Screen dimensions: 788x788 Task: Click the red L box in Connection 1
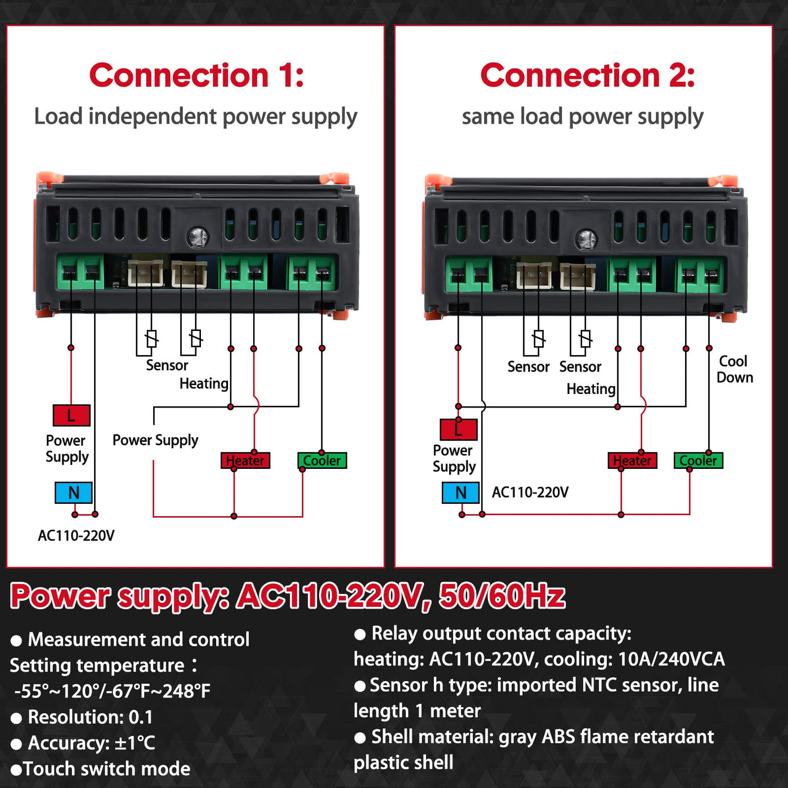coord(71,415)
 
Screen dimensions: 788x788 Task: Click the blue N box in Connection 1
coord(74,492)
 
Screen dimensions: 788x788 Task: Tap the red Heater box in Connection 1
coord(245,460)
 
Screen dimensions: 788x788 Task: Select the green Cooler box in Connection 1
coord(322,460)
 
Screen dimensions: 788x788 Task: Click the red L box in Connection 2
coord(459,429)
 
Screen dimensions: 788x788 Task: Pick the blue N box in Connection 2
coord(461,492)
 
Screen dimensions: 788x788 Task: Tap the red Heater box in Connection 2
coord(633,460)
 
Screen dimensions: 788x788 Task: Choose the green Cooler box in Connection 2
coord(699,460)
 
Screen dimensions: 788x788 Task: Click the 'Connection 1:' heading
coord(196,75)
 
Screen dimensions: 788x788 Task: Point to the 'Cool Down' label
coord(734,369)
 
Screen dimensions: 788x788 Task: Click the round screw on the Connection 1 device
coord(197,237)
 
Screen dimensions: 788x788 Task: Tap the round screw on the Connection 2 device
coord(586,239)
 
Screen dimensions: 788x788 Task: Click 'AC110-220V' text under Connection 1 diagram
coord(76,535)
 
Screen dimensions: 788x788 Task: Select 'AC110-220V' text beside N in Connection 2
coord(530,492)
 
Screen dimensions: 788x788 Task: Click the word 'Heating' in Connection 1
coord(204,384)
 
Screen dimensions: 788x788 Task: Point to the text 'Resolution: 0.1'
coord(90,717)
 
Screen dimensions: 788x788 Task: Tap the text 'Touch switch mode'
coord(107,769)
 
